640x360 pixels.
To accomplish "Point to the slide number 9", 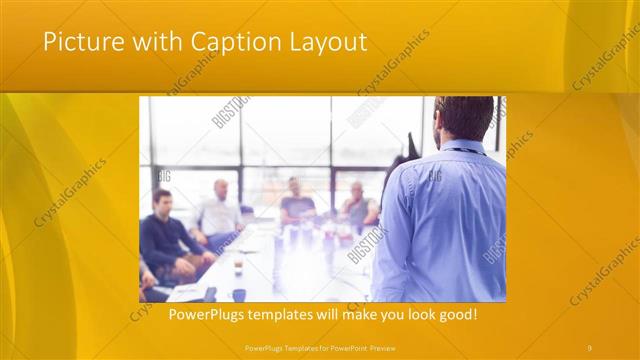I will pos(589,347).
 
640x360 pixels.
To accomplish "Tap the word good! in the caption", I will pos(456,315).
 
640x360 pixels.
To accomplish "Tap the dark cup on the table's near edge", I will pos(239,294).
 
